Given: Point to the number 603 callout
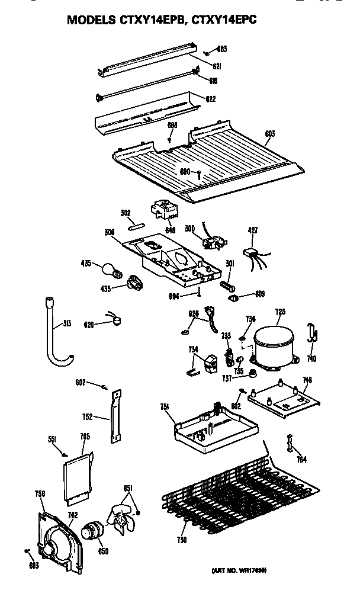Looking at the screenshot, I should tap(269, 134).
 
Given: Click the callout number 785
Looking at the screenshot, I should tap(85, 437).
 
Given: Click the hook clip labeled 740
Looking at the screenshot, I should tap(312, 334).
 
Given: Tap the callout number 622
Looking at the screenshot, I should tap(210, 99).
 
